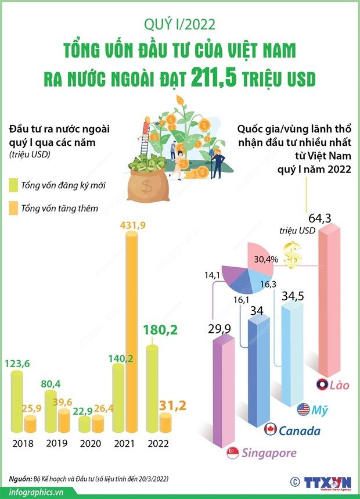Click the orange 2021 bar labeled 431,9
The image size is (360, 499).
132,331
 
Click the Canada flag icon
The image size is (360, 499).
269,430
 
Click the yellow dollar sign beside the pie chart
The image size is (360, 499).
294,256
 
